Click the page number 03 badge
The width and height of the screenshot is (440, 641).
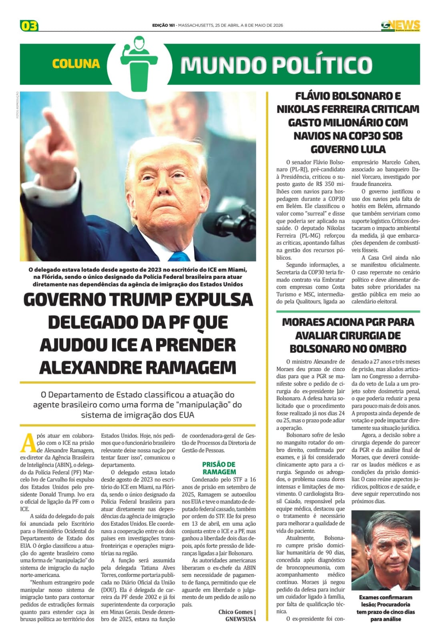pos(29,26)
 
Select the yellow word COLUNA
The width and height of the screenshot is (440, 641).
pos(76,64)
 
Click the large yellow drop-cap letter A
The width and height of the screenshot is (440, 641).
pos(28,443)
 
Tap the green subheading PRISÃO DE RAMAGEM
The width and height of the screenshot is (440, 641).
pos(219,468)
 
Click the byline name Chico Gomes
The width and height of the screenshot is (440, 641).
pos(235,612)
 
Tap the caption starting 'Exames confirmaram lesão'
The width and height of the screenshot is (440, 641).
pos(386,608)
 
